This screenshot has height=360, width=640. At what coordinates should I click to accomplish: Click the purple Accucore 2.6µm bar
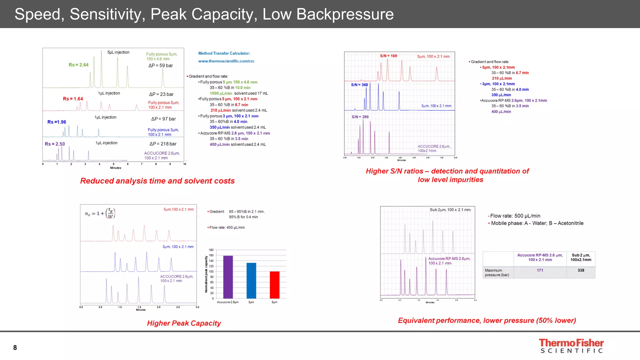coord(228,277)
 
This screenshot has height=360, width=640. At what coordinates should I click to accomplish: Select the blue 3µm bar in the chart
coord(251,281)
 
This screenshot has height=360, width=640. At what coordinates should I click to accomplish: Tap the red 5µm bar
coord(274,285)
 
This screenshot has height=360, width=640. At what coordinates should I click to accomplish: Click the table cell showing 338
coord(581,270)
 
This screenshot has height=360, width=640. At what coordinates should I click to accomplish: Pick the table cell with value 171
coord(540,270)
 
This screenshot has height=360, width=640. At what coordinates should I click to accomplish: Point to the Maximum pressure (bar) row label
coord(497,272)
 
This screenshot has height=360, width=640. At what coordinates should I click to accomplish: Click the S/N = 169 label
coord(388,56)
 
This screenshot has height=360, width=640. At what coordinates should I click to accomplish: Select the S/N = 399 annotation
coord(360,117)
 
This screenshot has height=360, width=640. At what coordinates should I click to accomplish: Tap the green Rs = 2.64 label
coord(78,65)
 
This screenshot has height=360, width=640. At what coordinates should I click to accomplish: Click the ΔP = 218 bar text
coord(163,144)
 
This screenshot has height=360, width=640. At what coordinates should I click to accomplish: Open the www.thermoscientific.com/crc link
coord(226,61)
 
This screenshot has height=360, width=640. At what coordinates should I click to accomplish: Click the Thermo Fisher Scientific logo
coord(571,346)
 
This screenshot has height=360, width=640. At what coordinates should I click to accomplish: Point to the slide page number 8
coord(15,347)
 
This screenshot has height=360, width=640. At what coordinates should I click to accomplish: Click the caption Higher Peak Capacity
coord(184,323)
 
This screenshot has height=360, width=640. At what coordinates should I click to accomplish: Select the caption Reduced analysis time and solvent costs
coord(157,181)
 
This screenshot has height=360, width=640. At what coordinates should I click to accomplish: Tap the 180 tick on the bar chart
coord(211,250)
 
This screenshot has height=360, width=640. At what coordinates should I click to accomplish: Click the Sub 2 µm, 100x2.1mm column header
coord(581,257)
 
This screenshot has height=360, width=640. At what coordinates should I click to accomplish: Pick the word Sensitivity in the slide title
coord(107,14)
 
